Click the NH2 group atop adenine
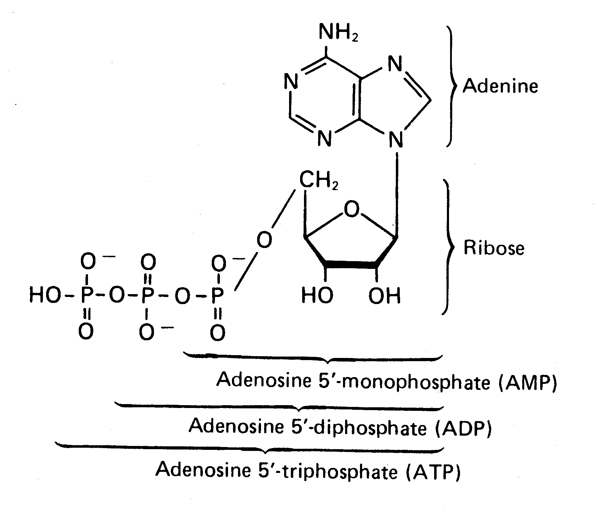pos(338,33)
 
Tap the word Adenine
pos(500,86)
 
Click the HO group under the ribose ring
pos(317,296)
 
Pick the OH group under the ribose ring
pos(384,296)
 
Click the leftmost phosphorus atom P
pos(87,296)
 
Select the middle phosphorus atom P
pos(147,296)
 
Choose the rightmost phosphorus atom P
pos(218,296)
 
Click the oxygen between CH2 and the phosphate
pos(264,240)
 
